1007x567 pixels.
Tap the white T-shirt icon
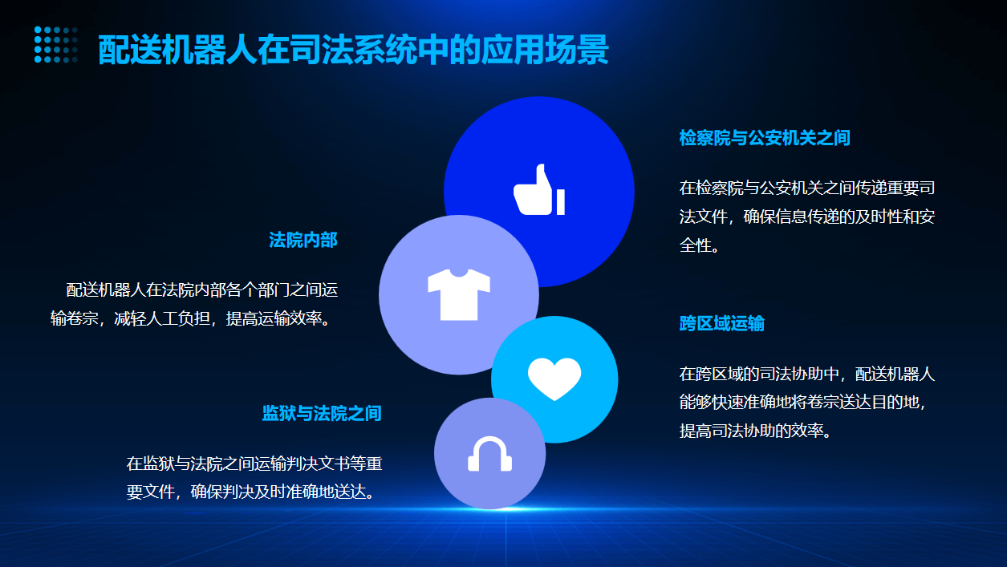click(458, 295)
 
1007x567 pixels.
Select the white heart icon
click(554, 379)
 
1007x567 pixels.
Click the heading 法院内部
click(303, 240)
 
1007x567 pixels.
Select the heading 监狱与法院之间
click(322, 413)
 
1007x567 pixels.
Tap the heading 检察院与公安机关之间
click(764, 138)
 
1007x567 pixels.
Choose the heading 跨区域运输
click(721, 323)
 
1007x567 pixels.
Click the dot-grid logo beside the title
click(55, 44)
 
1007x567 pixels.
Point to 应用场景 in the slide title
click(545, 50)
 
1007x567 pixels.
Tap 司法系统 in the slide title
click(353, 50)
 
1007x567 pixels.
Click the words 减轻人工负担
click(162, 318)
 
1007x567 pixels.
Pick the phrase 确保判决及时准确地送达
click(282, 492)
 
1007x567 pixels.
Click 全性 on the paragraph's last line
click(695, 245)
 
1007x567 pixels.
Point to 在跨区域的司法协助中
click(759, 374)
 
